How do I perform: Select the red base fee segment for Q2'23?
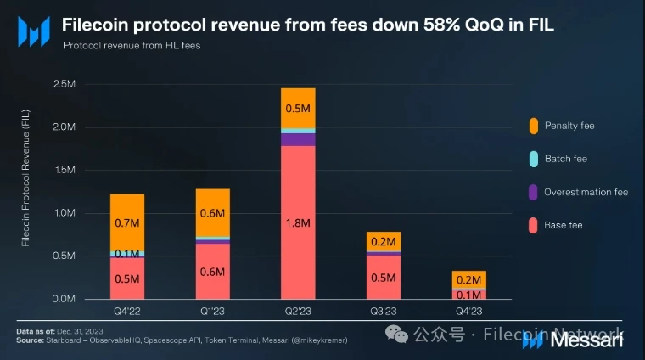(298, 222)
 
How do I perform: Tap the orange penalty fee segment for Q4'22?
(126, 222)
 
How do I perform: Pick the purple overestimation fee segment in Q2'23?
(298, 139)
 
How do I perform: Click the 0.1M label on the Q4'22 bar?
(126, 253)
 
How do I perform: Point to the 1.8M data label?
(298, 223)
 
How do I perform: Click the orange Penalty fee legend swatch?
(532, 126)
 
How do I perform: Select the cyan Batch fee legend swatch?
(532, 159)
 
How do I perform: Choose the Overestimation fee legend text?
(586, 192)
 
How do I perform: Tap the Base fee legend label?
(564, 225)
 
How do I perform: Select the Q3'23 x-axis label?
(384, 312)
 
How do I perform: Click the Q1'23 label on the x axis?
(212, 312)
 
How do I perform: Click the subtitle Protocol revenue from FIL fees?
(131, 45)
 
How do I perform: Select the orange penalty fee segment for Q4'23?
(469, 279)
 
